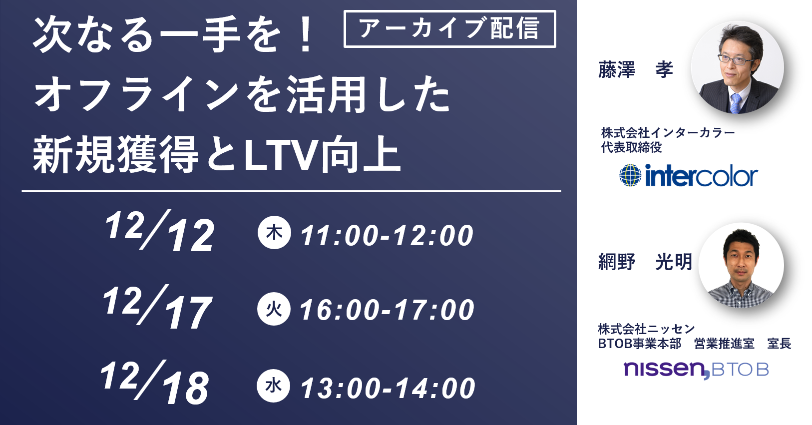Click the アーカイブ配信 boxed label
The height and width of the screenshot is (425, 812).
(x=449, y=29)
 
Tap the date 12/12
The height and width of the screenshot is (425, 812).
(x=159, y=231)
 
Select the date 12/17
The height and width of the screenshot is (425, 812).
(x=157, y=307)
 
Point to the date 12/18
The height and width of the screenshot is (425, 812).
(x=155, y=382)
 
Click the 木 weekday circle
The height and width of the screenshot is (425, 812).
(x=274, y=232)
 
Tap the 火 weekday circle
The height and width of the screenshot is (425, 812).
(x=274, y=309)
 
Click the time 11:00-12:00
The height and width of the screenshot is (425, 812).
(x=387, y=236)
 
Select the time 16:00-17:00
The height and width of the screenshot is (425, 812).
(x=387, y=311)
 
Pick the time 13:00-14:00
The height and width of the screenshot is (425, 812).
(x=388, y=388)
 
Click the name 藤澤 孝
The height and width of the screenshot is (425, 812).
(x=635, y=69)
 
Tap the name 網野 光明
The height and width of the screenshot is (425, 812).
(x=645, y=262)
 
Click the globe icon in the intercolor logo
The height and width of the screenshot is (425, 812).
(x=630, y=175)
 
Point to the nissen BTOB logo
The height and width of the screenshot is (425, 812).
(x=696, y=370)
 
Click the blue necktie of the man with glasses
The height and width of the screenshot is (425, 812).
(x=735, y=103)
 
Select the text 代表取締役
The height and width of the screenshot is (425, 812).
(x=631, y=147)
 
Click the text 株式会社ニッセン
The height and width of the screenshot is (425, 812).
(x=646, y=329)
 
